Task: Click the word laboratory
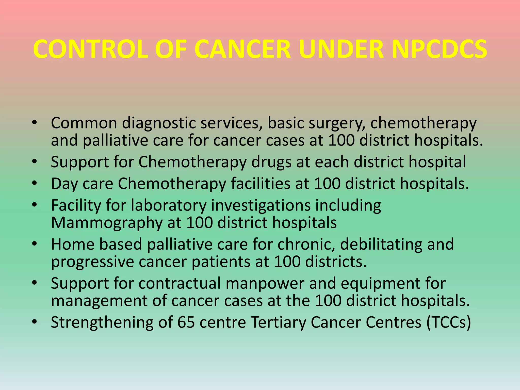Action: (168, 206)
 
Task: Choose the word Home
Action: (73, 244)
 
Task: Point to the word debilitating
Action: (381, 244)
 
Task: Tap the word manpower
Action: (265, 284)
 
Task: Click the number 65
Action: (186, 322)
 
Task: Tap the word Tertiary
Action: (278, 323)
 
